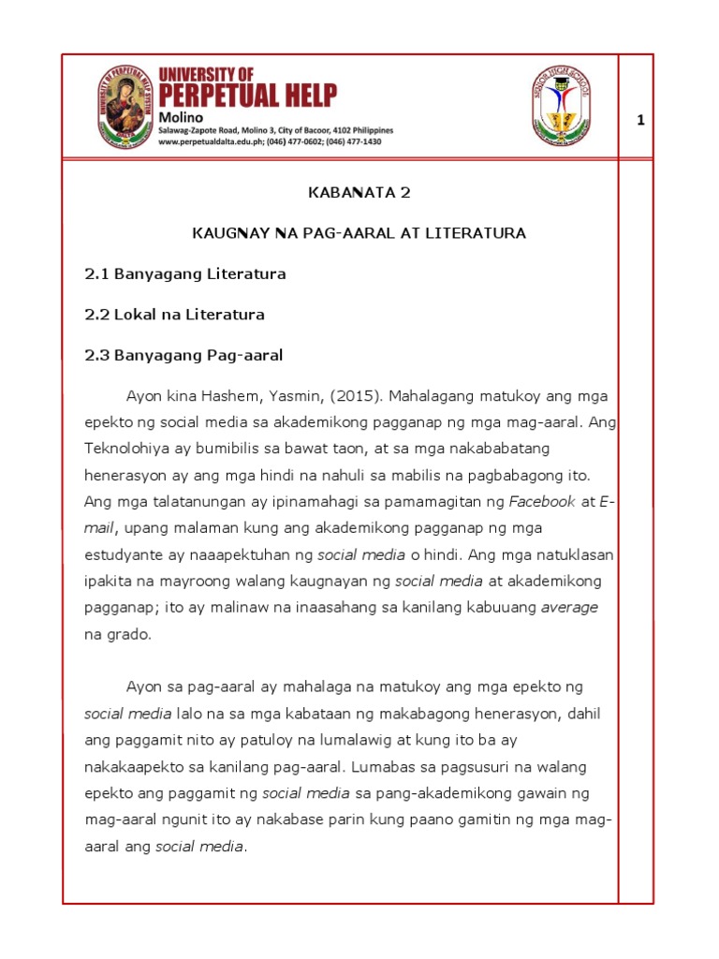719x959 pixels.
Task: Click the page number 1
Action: (640, 120)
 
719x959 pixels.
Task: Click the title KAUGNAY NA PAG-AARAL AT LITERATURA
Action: (359, 232)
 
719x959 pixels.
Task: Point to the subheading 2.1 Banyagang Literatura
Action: (184, 274)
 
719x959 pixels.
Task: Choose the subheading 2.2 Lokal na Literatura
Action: (174, 315)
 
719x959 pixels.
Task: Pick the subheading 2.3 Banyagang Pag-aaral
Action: (183, 356)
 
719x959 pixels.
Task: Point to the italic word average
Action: (569, 607)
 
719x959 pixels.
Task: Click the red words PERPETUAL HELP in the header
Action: (247, 95)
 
